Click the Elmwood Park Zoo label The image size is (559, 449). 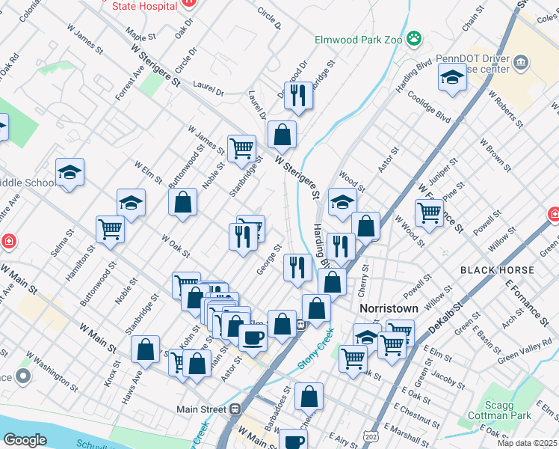click(358, 36)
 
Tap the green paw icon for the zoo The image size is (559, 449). click(413, 37)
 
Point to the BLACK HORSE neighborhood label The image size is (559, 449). click(497, 270)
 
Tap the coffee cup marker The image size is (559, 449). click(253, 338)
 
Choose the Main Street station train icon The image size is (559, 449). click(235, 409)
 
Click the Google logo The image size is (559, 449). click(25, 440)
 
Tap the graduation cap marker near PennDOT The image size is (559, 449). click(452, 78)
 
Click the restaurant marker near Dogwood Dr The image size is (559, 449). click(298, 95)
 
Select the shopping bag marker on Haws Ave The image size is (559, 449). click(145, 348)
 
